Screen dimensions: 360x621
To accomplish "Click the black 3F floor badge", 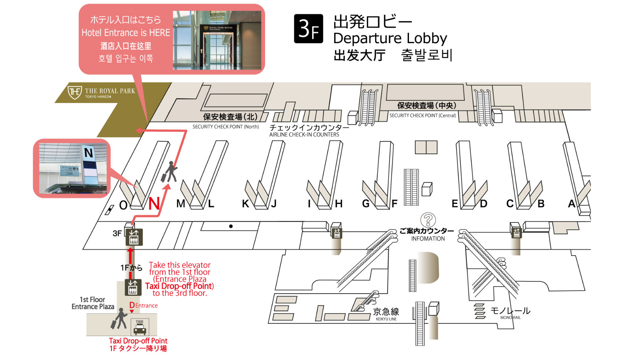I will pyautogui.click(x=308, y=29).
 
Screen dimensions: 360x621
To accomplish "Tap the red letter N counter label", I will pyautogui.click(x=154, y=204).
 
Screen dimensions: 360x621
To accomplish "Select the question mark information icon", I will pyautogui.click(x=428, y=220).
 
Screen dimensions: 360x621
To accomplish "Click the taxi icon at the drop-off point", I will pyautogui.click(x=140, y=328).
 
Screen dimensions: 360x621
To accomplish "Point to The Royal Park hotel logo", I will pyautogui.click(x=75, y=91).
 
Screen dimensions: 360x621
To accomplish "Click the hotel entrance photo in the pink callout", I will pyautogui.click(x=217, y=40).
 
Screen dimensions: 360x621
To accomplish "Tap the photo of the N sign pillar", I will pyautogui.click(x=73, y=168).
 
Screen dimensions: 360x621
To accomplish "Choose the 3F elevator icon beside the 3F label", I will pyautogui.click(x=133, y=237).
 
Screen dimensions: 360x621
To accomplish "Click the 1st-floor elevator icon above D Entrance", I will pyautogui.click(x=133, y=287).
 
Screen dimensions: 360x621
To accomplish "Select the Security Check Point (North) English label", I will pyautogui.click(x=225, y=127).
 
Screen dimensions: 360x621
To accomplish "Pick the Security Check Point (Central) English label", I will pyautogui.click(x=423, y=115).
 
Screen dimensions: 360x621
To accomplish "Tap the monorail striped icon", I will pyautogui.click(x=480, y=311).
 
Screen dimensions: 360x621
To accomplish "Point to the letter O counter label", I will pyautogui.click(x=123, y=205).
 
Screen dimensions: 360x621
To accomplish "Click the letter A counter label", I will pyautogui.click(x=572, y=204).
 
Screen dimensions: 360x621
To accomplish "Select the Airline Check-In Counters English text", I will pyautogui.click(x=304, y=135).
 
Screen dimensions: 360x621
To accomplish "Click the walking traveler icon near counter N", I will pyautogui.click(x=170, y=172).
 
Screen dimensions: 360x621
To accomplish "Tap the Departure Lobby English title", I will pyautogui.click(x=390, y=38).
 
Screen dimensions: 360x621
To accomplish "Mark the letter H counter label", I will pyautogui.click(x=339, y=204).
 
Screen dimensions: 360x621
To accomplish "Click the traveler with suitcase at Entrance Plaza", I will pyautogui.click(x=119, y=319).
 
